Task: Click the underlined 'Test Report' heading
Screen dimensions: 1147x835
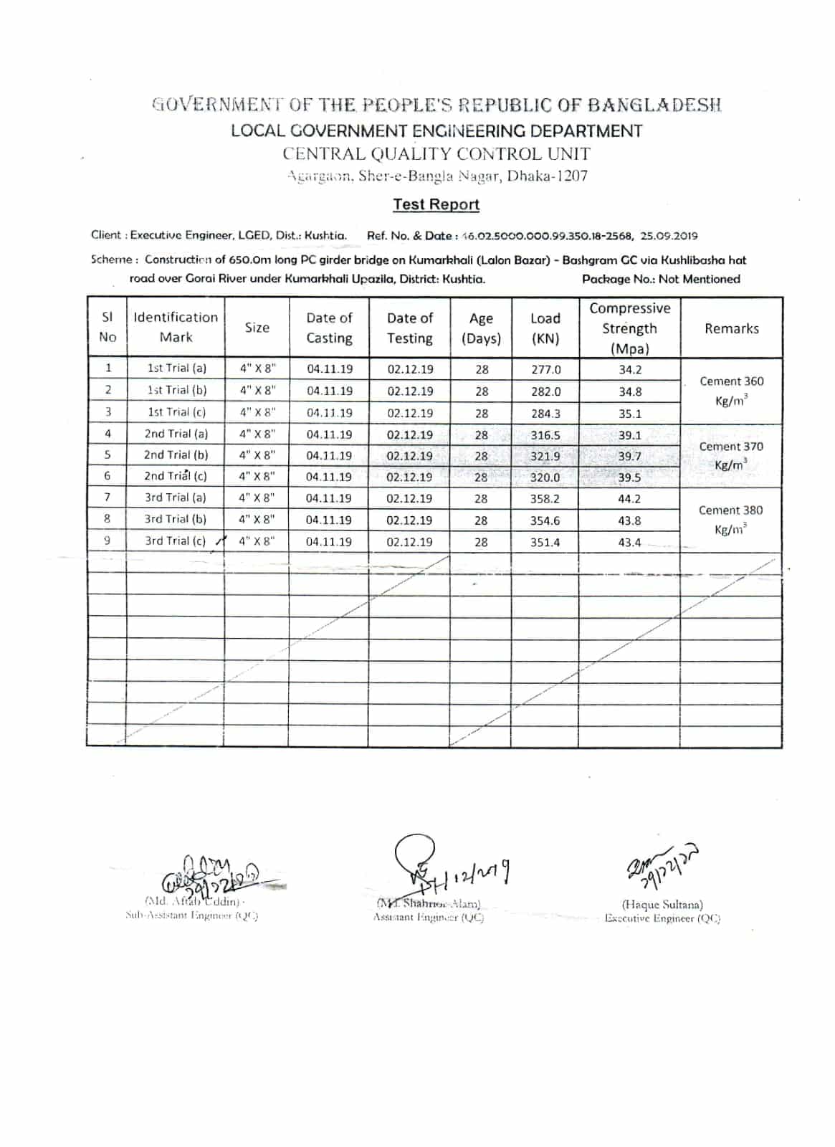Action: pyautogui.click(x=436, y=204)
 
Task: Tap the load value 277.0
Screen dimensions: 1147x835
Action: pyautogui.click(x=545, y=370)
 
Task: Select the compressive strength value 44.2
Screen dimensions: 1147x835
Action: pyautogui.click(x=629, y=499)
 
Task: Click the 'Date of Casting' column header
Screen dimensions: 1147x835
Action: pyautogui.click(x=329, y=328)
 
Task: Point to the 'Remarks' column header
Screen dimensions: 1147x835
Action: pyautogui.click(x=731, y=328)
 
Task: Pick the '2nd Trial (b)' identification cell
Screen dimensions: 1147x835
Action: pyautogui.click(x=176, y=454)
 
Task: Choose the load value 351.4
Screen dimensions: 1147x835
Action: pyautogui.click(x=545, y=543)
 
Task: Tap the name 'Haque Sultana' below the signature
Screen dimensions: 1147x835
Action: pyautogui.click(x=662, y=905)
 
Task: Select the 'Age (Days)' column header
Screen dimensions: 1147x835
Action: pyautogui.click(x=481, y=328)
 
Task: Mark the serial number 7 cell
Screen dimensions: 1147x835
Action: pyautogui.click(x=108, y=497)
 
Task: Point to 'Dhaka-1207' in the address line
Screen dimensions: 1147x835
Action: pyautogui.click(x=548, y=176)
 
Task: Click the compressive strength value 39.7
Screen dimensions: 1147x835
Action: pyautogui.click(x=629, y=457)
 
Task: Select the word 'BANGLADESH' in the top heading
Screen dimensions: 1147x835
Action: pyautogui.click(x=654, y=105)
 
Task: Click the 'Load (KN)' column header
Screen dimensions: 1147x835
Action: pyautogui.click(x=545, y=328)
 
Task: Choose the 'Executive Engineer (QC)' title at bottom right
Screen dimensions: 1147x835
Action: pyautogui.click(x=662, y=918)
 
